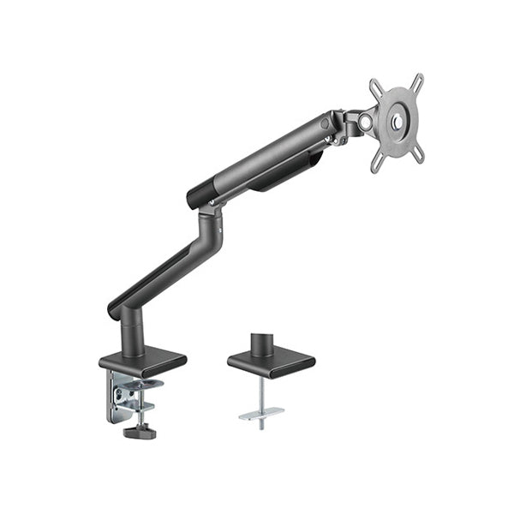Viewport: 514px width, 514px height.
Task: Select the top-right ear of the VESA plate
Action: pos(417,80)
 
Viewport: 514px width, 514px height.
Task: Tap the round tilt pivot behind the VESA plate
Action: pos(366,123)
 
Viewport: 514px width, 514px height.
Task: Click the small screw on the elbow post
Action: pos(219,231)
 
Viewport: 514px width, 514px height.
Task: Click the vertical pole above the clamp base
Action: pos(132,335)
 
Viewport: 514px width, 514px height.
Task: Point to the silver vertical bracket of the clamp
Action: pos(116,396)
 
